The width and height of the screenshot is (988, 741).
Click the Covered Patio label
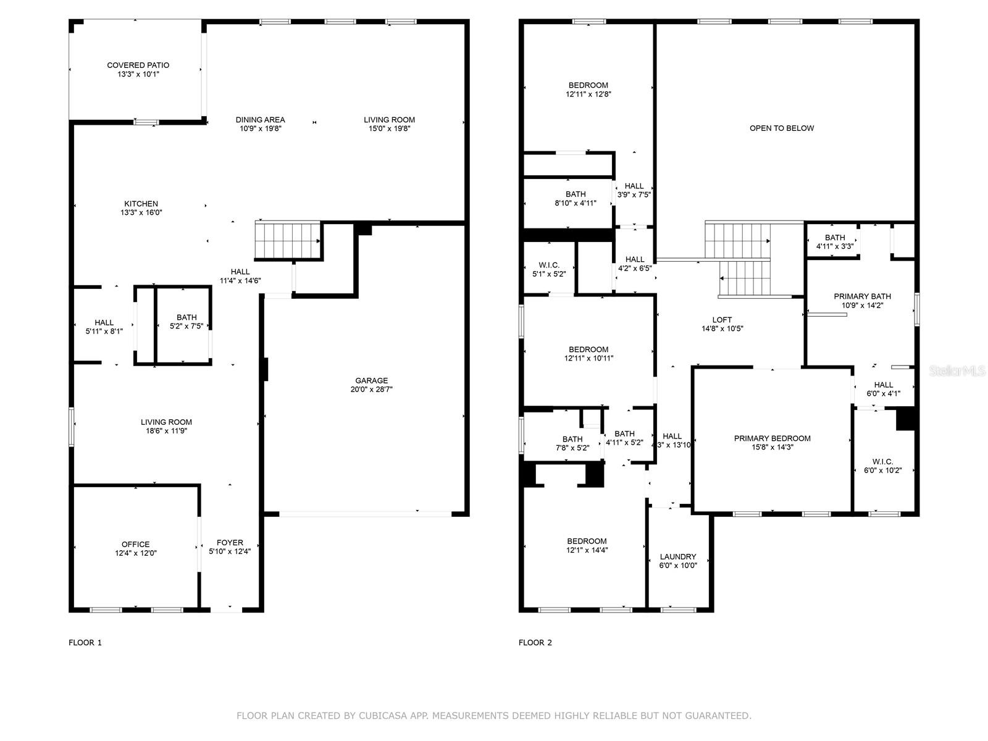(138, 65)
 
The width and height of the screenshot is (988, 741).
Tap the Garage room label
(371, 380)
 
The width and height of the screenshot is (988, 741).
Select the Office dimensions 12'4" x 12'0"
(135, 553)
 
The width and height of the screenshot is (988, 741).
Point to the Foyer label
(230, 543)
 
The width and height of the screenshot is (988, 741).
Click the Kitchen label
(141, 204)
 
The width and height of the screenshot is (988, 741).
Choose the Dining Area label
(260, 120)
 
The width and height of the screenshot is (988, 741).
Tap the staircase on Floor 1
(288, 240)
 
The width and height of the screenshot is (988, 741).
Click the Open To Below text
(782, 128)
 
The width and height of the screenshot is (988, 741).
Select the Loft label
(722, 320)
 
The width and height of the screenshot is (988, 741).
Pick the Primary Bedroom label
(772, 438)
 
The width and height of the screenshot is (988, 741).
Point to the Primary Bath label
(863, 296)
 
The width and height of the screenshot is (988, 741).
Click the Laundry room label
(678, 556)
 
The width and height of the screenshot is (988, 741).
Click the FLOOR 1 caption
(85, 642)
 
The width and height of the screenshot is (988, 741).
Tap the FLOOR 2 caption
(535, 642)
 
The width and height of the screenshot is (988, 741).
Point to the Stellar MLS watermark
(957, 371)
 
